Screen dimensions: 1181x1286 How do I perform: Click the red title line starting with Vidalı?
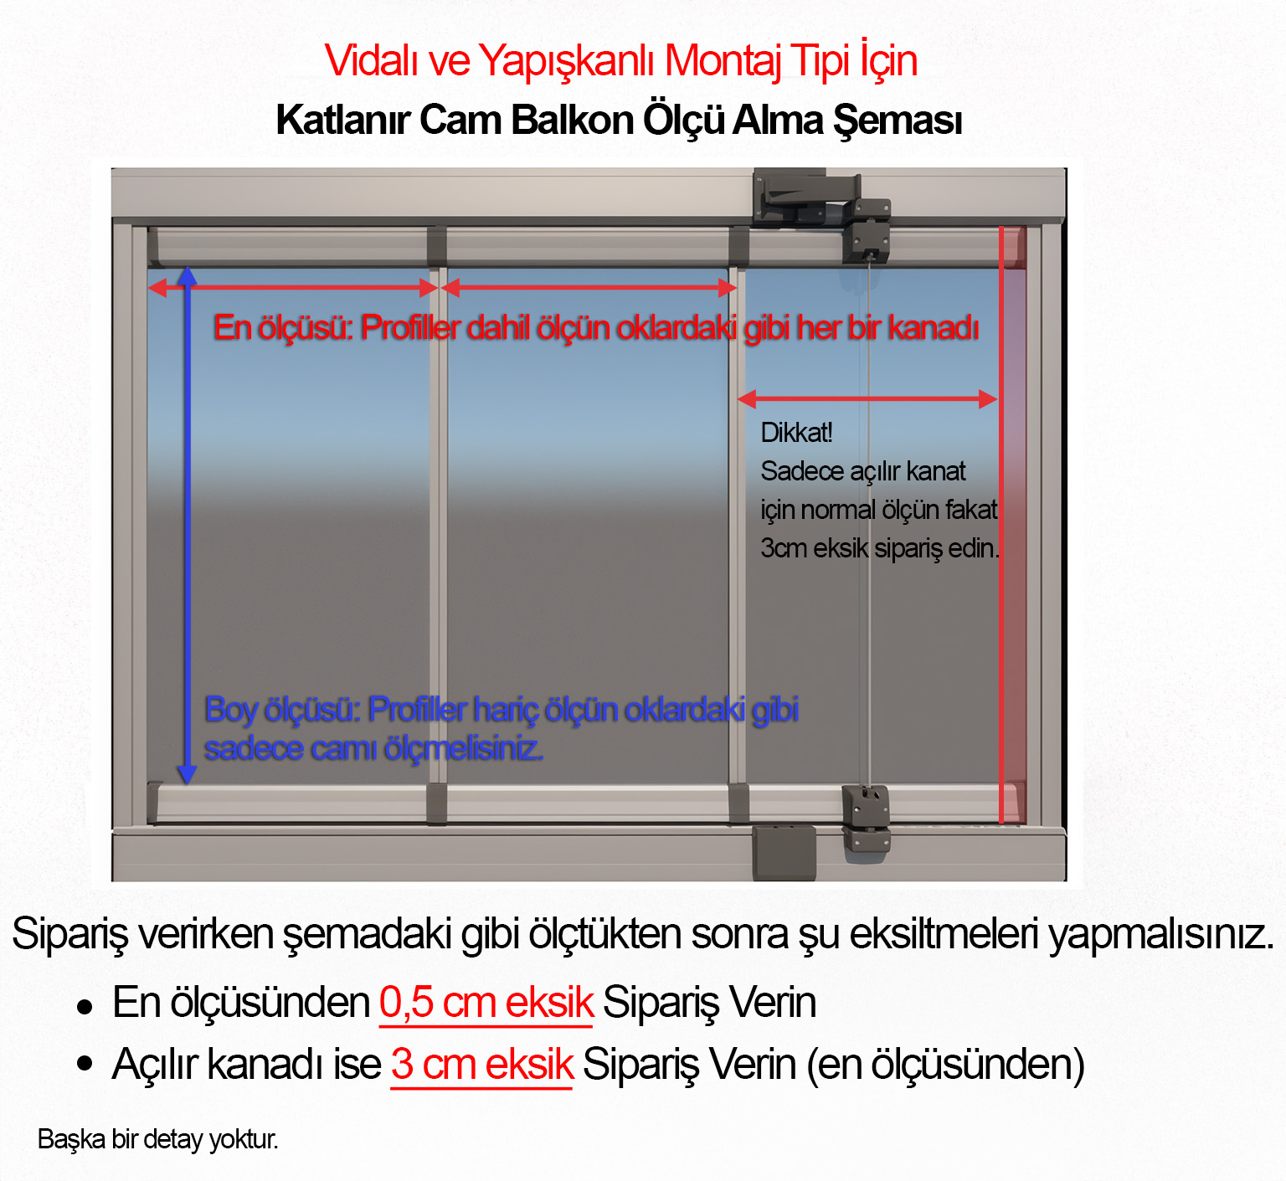point(620,61)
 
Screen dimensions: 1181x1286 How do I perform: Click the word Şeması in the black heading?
point(897,121)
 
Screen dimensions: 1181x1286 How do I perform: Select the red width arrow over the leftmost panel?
point(293,288)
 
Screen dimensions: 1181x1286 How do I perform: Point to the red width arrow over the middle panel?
point(589,288)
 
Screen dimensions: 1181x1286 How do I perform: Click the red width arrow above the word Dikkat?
point(867,399)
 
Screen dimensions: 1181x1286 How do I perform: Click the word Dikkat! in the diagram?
point(796,433)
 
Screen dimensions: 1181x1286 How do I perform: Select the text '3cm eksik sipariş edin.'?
point(879,548)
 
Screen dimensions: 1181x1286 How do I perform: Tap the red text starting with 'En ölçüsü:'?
point(595,328)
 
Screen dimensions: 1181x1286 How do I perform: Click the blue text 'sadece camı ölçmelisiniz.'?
point(373,748)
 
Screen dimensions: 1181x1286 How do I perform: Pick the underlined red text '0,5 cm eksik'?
point(486,1003)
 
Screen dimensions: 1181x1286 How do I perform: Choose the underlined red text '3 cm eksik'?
point(481,1065)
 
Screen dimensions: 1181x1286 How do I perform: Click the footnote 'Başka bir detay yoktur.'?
point(157,1139)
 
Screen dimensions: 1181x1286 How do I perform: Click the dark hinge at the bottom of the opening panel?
point(866,818)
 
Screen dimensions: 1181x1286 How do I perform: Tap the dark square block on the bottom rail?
point(784,852)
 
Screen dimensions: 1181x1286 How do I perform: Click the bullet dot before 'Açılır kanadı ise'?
point(85,1065)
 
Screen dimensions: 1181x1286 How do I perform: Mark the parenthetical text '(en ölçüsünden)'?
point(945,1065)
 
